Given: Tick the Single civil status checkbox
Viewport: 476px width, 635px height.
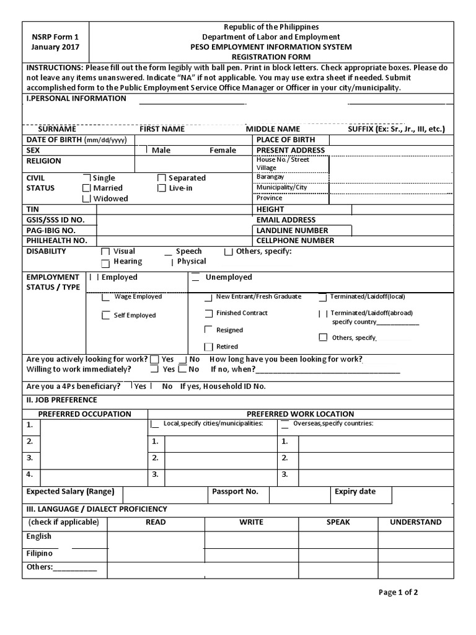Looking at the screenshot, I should tap(87, 178).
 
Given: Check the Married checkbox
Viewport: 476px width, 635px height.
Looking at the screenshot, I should tap(87, 188).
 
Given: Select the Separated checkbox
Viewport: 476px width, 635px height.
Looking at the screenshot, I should tap(162, 178).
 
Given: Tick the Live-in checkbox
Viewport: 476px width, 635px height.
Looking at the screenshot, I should tap(162, 188).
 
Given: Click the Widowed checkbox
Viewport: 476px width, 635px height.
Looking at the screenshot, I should tap(87, 198).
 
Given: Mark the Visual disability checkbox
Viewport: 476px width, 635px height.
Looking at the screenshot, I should tap(105, 252).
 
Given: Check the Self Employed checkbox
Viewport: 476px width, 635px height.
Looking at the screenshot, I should tap(106, 316).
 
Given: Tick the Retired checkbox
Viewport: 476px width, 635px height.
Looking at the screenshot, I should tap(208, 346).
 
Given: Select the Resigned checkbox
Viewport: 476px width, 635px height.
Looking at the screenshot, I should tap(208, 330).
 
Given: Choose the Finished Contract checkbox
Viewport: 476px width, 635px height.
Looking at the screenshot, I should tap(208, 313).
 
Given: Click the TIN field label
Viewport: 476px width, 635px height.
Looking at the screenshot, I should tap(32, 210).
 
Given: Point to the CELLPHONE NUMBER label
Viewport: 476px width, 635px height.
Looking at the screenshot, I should tap(295, 241).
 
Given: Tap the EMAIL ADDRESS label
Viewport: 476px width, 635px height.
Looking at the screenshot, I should tap(286, 220).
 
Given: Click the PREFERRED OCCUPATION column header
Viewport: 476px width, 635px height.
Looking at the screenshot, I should tap(85, 414).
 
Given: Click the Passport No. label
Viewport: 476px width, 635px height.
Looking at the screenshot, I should tap(235, 492).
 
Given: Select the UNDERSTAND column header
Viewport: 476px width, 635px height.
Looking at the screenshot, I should tap(415, 522).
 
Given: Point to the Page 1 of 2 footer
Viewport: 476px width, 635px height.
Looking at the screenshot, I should tap(398, 592).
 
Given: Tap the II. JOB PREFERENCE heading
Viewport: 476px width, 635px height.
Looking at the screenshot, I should tap(61, 400).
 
